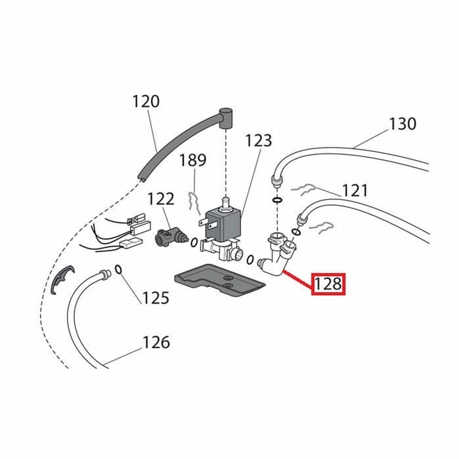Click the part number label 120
[x=146, y=101]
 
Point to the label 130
[x=402, y=124]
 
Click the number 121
[x=355, y=190]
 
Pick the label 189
[x=193, y=160]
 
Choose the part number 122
[x=161, y=199]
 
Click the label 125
[x=156, y=297]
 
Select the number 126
[x=156, y=342]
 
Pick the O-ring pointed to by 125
[x=119, y=269]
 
